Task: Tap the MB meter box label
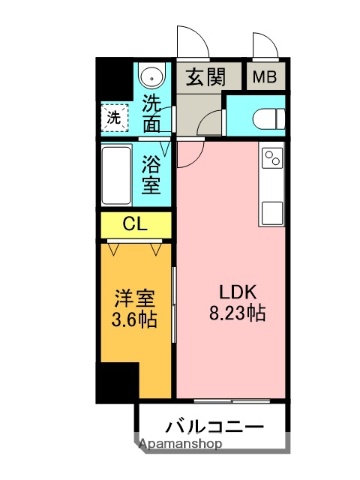264,76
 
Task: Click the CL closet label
135,224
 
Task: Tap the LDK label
238,292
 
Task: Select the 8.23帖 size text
238,312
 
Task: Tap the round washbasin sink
152,76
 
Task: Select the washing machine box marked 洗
117,117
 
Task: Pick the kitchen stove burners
272,157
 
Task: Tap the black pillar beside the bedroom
117,381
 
